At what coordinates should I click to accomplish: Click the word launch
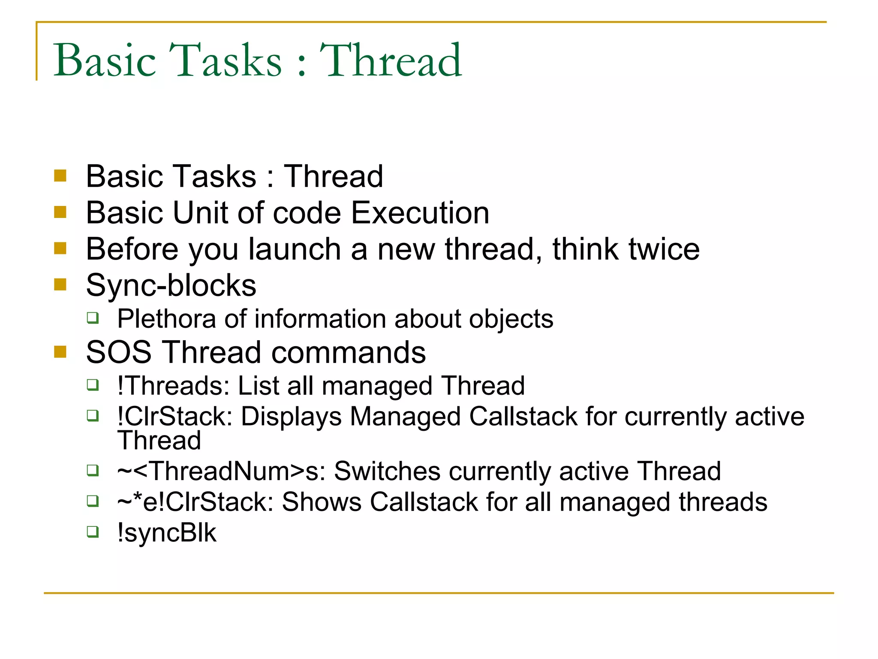(x=295, y=249)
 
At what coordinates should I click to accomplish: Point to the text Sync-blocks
(x=171, y=286)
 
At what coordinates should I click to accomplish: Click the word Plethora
(x=167, y=319)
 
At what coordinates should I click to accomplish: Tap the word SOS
(x=119, y=353)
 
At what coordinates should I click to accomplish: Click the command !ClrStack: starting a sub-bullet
(x=175, y=417)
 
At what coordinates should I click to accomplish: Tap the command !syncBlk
(x=167, y=533)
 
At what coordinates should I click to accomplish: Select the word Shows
(x=322, y=502)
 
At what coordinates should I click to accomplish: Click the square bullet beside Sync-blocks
(x=60, y=284)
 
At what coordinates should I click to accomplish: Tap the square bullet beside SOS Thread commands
(x=60, y=352)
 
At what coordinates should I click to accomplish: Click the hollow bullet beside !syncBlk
(x=93, y=532)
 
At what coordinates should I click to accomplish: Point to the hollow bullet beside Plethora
(x=93, y=318)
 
